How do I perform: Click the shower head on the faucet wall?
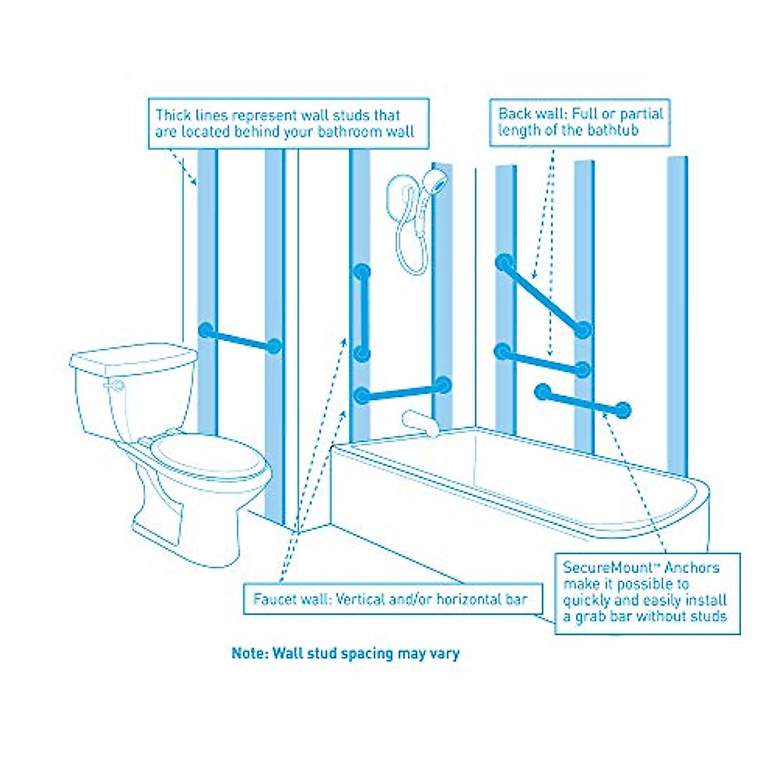[x=439, y=180]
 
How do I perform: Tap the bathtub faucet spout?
[x=414, y=419]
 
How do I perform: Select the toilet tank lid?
[x=133, y=357]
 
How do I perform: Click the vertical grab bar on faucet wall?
[x=362, y=312]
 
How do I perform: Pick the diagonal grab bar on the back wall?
[x=544, y=296]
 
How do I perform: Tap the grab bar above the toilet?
[x=240, y=338]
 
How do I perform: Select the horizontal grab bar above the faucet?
[x=403, y=390]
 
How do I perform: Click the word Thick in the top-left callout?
[x=173, y=116]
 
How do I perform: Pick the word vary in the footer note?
[x=445, y=653]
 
